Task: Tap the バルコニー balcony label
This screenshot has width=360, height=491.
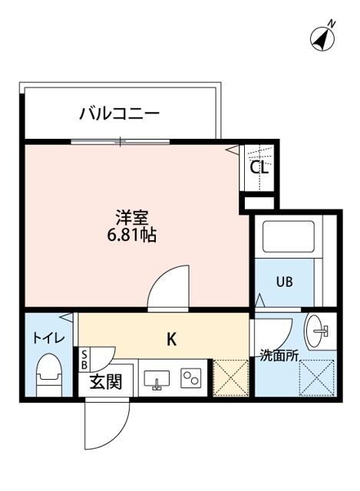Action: coord(119,115)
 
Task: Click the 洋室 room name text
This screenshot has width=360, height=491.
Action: coord(127,216)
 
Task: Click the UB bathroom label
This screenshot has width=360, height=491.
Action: coord(285,282)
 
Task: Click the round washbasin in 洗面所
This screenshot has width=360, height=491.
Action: coord(318,331)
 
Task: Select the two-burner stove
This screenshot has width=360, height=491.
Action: coord(190,379)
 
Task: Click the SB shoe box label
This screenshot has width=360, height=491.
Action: coord(84,359)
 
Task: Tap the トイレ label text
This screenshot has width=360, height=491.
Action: coord(48,337)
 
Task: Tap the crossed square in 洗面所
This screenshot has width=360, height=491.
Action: coord(315,378)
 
